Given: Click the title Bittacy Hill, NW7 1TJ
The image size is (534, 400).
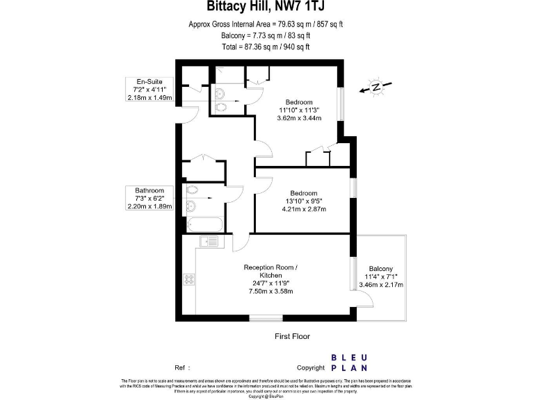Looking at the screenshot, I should tap(266, 8).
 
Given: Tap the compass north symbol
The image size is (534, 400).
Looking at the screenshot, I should tap(375, 87).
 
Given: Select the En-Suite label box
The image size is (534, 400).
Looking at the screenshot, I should tap(149, 90).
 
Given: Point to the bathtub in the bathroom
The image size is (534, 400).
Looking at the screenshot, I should tap(204, 224).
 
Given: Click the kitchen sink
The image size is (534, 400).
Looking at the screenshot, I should tap(209, 242).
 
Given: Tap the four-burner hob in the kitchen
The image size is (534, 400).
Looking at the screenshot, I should tap(189, 279).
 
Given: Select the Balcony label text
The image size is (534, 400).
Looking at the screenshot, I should tap(380, 269).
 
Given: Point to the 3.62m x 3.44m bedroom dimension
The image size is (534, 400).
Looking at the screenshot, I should tap(300, 119).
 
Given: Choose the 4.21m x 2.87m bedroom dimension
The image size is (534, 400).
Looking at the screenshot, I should tap(304, 209).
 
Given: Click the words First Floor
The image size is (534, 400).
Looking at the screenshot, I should tap(293, 336).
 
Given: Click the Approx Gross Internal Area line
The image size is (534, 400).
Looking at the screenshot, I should tap(266, 24).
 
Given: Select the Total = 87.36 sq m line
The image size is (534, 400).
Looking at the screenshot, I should tap(266, 47).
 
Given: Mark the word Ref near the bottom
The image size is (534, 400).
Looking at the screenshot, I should tap(180, 367).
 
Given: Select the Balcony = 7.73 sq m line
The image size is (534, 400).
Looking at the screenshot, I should tap(266, 35).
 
